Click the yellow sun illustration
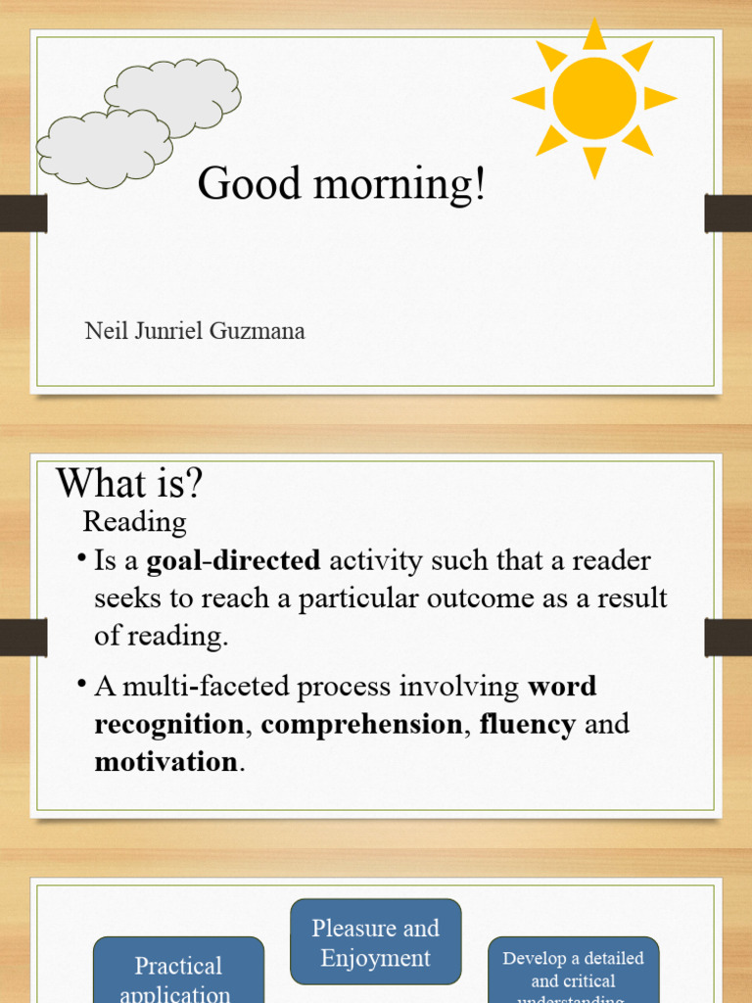593,98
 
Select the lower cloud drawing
104,148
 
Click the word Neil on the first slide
107,331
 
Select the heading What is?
129,483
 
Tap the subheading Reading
134,521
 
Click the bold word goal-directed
233,561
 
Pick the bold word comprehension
361,725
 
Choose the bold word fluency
527,725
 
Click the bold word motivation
165,762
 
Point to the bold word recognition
168,725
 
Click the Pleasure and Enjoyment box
375,942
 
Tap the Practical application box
178,975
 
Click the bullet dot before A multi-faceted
81,684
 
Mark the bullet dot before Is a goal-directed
81,557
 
